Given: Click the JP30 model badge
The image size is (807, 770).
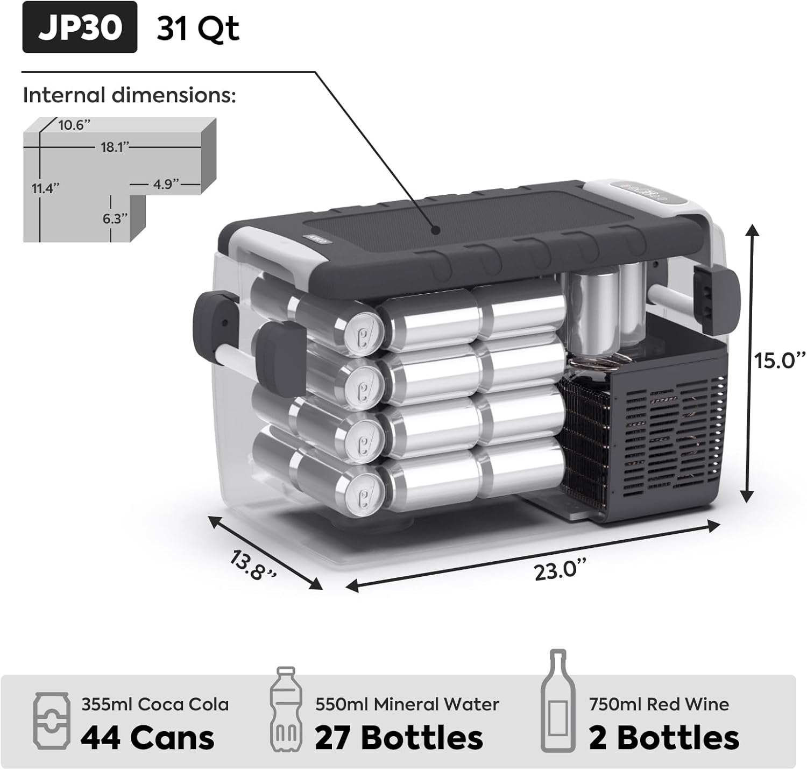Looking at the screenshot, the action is click(x=80, y=27).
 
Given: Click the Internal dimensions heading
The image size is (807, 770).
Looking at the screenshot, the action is click(x=129, y=95).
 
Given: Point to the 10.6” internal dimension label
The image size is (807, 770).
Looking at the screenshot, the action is click(x=74, y=124).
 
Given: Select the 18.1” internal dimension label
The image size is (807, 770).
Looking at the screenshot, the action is click(x=115, y=146).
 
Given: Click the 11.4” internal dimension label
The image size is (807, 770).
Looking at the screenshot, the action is click(x=46, y=188).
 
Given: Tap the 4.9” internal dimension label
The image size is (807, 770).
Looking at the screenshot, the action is click(x=166, y=184).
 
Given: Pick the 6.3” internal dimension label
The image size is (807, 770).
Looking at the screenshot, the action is click(x=115, y=218).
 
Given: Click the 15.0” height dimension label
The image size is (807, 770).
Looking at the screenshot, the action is click(x=780, y=360).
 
